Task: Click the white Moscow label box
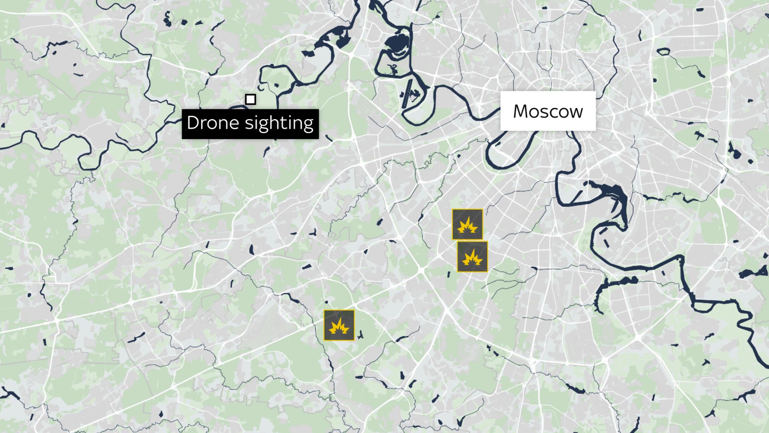click(x=548, y=111)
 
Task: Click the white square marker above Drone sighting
click(x=250, y=99)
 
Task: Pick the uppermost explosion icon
click(x=467, y=224)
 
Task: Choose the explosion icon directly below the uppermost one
click(x=472, y=257)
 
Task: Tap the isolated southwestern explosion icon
click(x=339, y=325)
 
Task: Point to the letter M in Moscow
click(x=520, y=111)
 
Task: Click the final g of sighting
click(x=308, y=124)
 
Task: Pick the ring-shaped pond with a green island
click(x=663, y=51)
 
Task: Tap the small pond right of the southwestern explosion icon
click(x=360, y=334)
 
